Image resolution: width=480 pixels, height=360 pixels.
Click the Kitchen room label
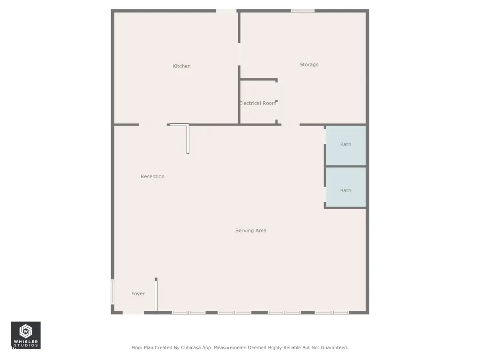click(x=181, y=66)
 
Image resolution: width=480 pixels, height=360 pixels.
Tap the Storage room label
click(x=309, y=65)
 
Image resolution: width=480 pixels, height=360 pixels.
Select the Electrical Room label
click(x=258, y=103)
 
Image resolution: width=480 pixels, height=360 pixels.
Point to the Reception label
click(x=152, y=177)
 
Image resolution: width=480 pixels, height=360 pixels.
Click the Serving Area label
click(x=251, y=231)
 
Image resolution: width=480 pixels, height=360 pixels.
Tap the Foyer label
click(x=138, y=293)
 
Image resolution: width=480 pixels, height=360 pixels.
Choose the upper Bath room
click(x=346, y=146)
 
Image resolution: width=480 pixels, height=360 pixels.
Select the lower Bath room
click(x=346, y=187)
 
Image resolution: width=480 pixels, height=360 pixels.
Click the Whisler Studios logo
click(x=26, y=335)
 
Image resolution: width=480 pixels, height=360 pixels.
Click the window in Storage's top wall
click(x=303, y=11)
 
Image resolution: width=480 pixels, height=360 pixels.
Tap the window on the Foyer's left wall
click(x=112, y=292)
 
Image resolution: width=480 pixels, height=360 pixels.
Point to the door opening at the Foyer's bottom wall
click(x=133, y=313)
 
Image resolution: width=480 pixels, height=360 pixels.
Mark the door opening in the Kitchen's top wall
click(x=226, y=11)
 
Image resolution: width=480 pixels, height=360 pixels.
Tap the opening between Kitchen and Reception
click(x=153, y=125)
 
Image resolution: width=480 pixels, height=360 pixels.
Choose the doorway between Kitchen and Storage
click(x=240, y=54)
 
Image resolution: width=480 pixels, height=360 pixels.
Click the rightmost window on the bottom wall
click(x=332, y=313)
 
